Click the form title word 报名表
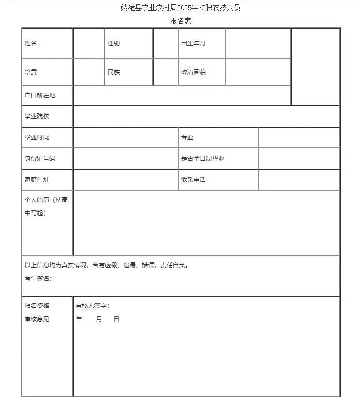pyautogui.click(x=180, y=21)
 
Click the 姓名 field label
pyautogui.click(x=30, y=43)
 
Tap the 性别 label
pyautogui.click(x=113, y=43)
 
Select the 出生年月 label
pyautogui.click(x=193, y=43)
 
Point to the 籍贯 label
pyautogui.click(x=30, y=72)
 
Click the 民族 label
pyautogui.click(x=113, y=72)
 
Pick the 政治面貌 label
pyautogui.click(x=193, y=72)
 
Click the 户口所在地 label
pyautogui.click(x=40, y=95)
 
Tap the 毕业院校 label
pyautogui.click(x=37, y=116)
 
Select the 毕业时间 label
pyautogui.click(x=37, y=137)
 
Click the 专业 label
pyautogui.click(x=187, y=137)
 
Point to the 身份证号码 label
pyautogui.click(x=40, y=158)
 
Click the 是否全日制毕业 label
pyautogui.click(x=202, y=158)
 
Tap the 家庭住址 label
pyautogui.click(x=37, y=180)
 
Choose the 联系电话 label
pyautogui.click(x=193, y=180)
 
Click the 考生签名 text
pyautogui.click(x=38, y=278)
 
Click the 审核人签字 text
pyautogui.click(x=92, y=306)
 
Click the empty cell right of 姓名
pyautogui.click(x=89, y=43)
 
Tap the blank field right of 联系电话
pyautogui.click(x=299, y=180)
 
